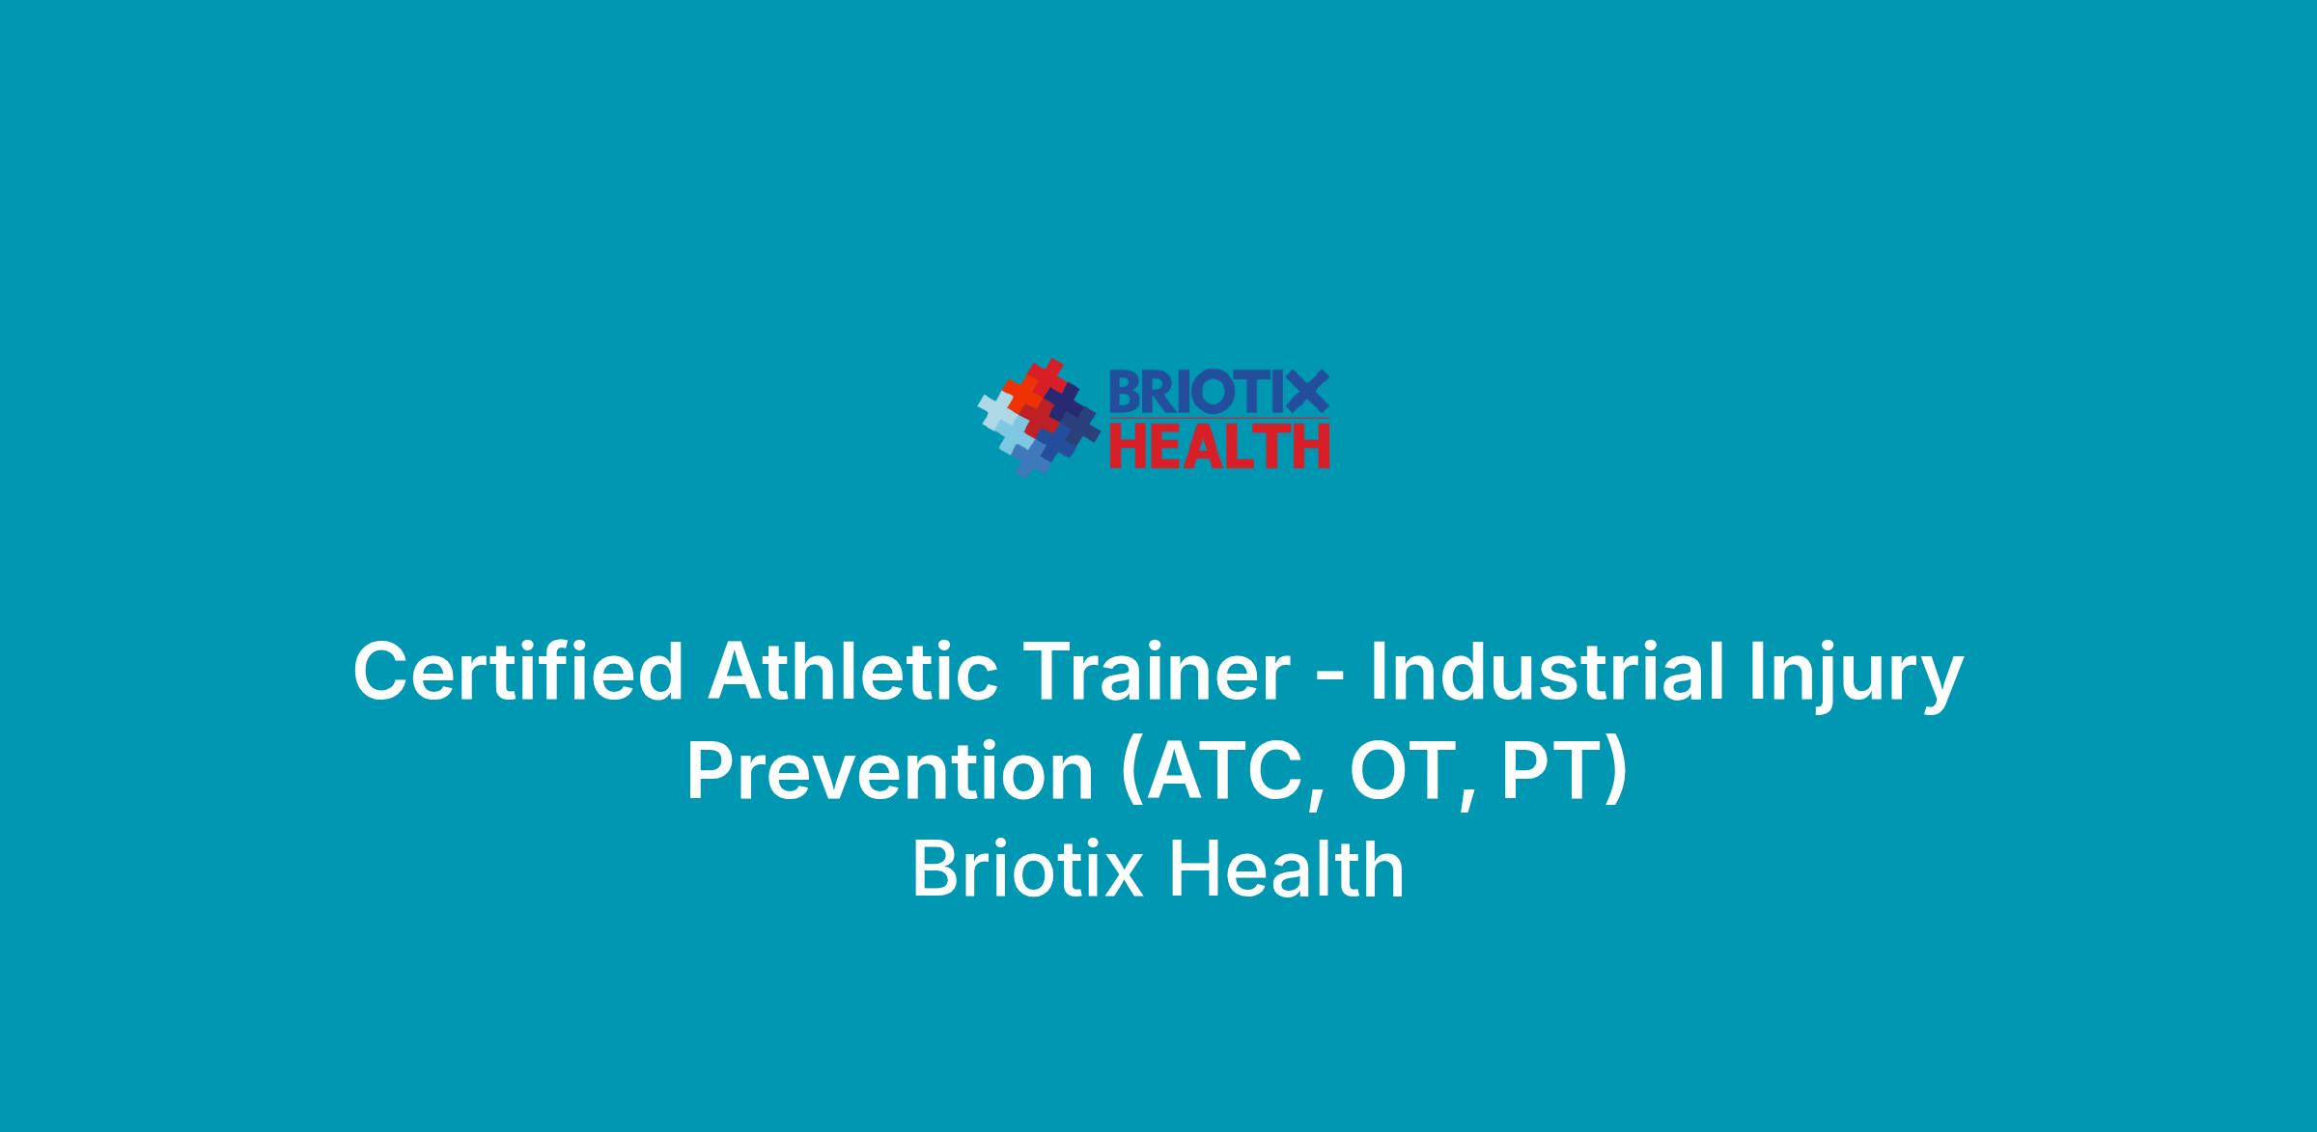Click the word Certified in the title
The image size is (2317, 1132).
[518, 672]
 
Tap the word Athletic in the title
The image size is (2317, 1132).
[853, 672]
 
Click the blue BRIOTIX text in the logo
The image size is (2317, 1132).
[1218, 393]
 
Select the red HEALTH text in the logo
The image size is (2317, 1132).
[1219, 446]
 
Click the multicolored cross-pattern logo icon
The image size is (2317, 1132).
[1038, 418]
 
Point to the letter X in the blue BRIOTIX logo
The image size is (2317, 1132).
[1307, 393]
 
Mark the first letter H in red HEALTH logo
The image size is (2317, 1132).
[1127, 446]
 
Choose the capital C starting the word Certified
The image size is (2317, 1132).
[382, 672]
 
